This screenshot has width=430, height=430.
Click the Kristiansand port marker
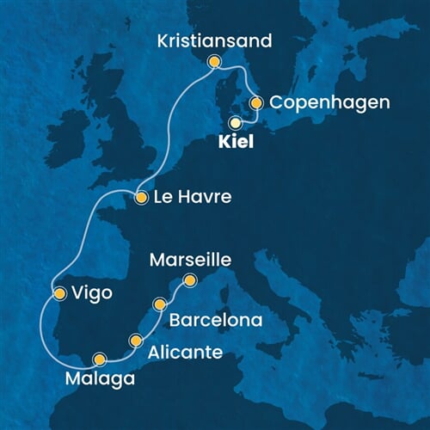[x=214, y=61]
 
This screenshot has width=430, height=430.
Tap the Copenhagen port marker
[x=255, y=102]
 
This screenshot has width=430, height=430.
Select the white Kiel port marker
[x=234, y=122]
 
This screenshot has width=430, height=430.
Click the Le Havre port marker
[x=141, y=199]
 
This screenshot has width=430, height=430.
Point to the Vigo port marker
[x=59, y=293]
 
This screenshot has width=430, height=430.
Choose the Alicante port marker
[x=135, y=341]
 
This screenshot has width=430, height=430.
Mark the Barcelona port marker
[x=159, y=304]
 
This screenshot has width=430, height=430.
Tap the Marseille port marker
[x=190, y=279]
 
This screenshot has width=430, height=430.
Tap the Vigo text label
[x=93, y=293]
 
